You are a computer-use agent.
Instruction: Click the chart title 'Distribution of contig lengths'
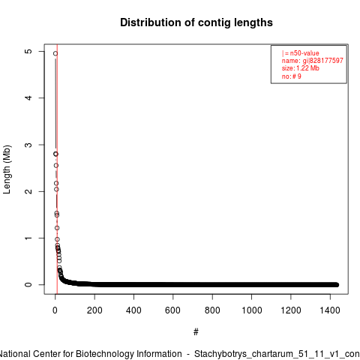coord(196,22)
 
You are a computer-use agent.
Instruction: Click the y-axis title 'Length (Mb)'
coord(7,169)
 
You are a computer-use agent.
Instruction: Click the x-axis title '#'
coord(196,332)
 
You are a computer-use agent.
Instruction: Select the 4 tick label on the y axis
coord(29,97)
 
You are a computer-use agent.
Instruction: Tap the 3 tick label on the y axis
coord(29,145)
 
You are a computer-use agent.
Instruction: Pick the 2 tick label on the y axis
coord(29,191)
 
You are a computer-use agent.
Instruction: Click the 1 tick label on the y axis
coord(29,238)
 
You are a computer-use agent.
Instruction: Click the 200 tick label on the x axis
coord(94,310)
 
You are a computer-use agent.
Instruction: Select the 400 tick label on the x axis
coord(133,310)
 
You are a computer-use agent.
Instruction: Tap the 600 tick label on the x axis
coord(172,310)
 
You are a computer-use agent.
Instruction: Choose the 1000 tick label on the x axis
coord(251,310)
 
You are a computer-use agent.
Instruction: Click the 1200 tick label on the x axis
coord(291,310)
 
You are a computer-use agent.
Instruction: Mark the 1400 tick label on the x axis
coord(330,310)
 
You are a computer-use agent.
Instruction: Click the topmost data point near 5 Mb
coord(55,53)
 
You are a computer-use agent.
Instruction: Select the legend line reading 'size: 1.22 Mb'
coord(301,68)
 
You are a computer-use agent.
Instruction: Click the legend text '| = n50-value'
coord(301,53)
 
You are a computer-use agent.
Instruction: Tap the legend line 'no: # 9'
coord(292,76)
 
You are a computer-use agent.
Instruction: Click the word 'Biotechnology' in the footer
coord(129,354)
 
